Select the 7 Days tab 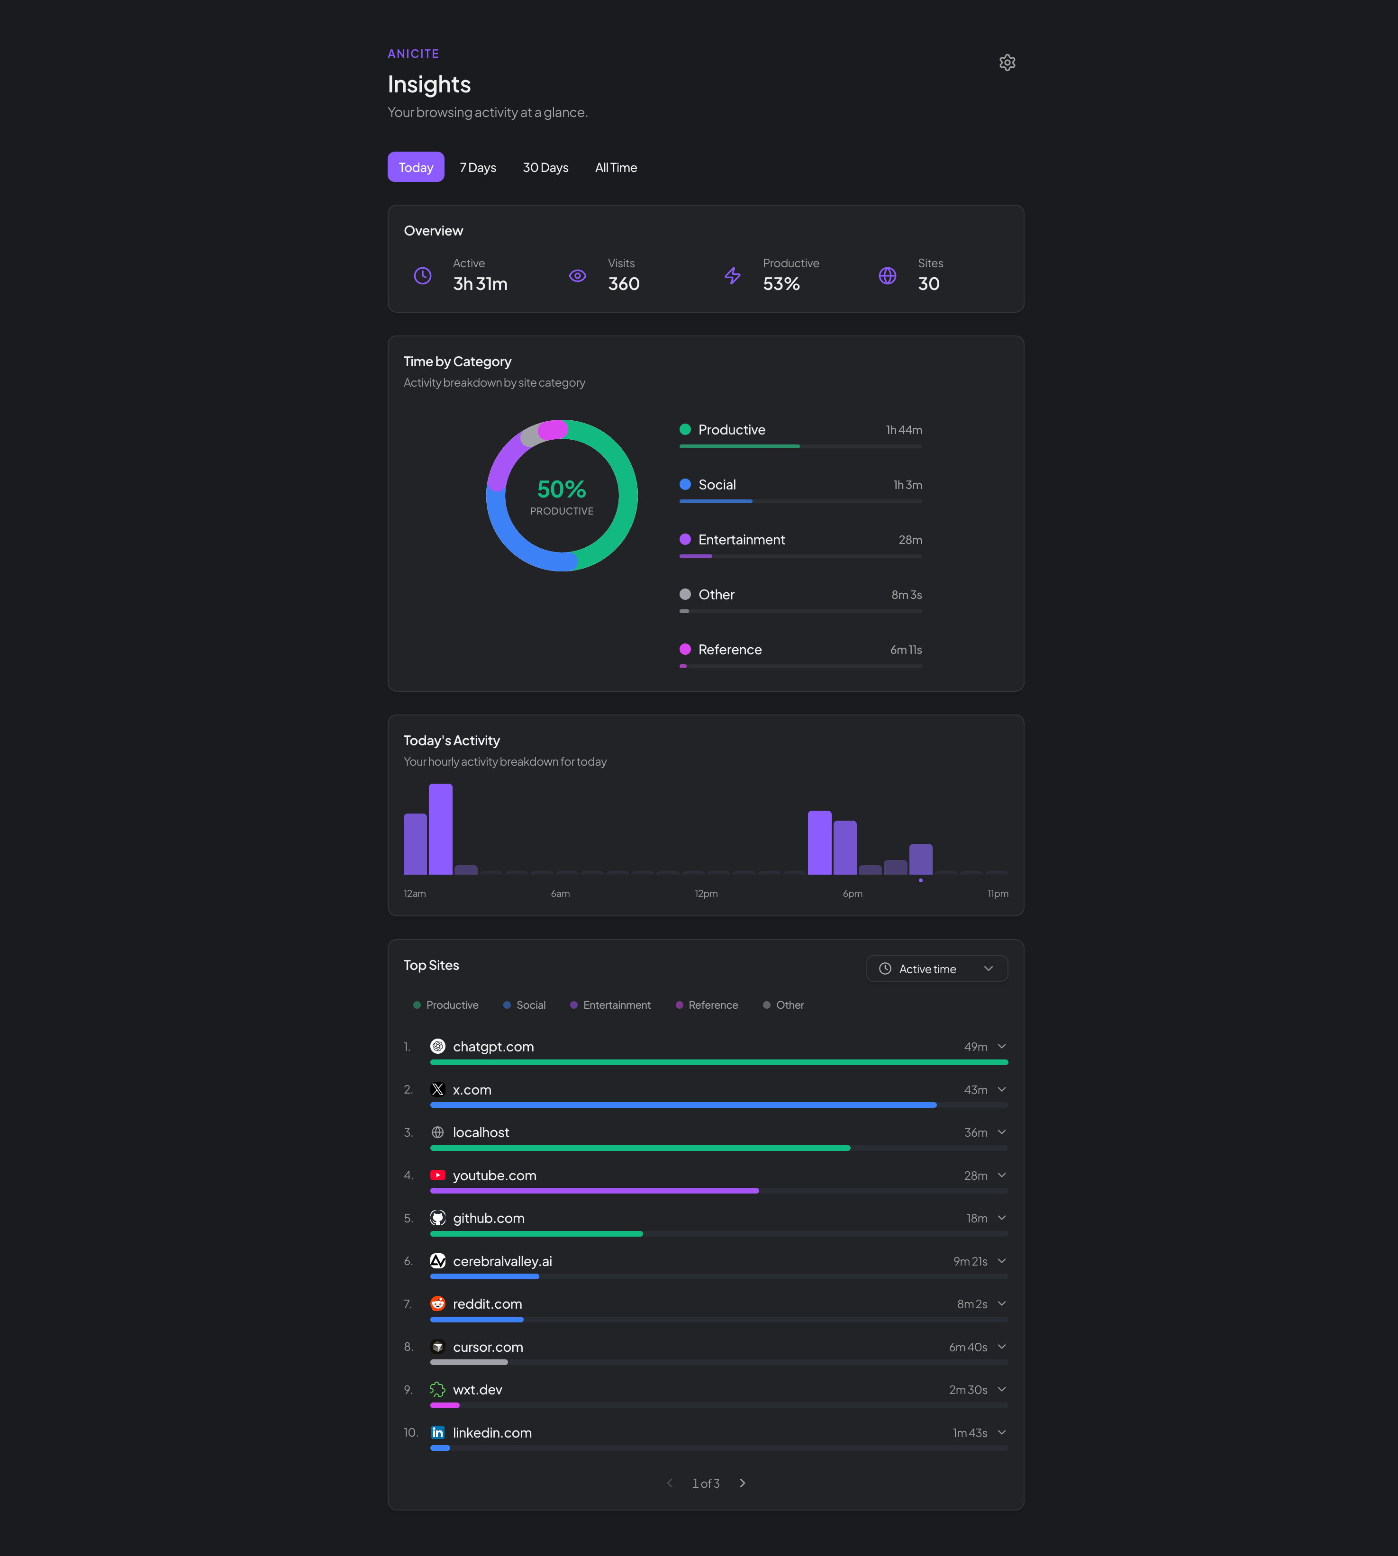[x=478, y=167]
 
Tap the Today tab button [x=416, y=167]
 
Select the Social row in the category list [x=717, y=485]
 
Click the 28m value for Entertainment [x=910, y=540]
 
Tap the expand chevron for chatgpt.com [x=1002, y=1047]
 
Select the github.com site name [x=489, y=1219]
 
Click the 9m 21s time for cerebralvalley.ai [x=970, y=1262]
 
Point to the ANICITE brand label [x=413, y=54]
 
